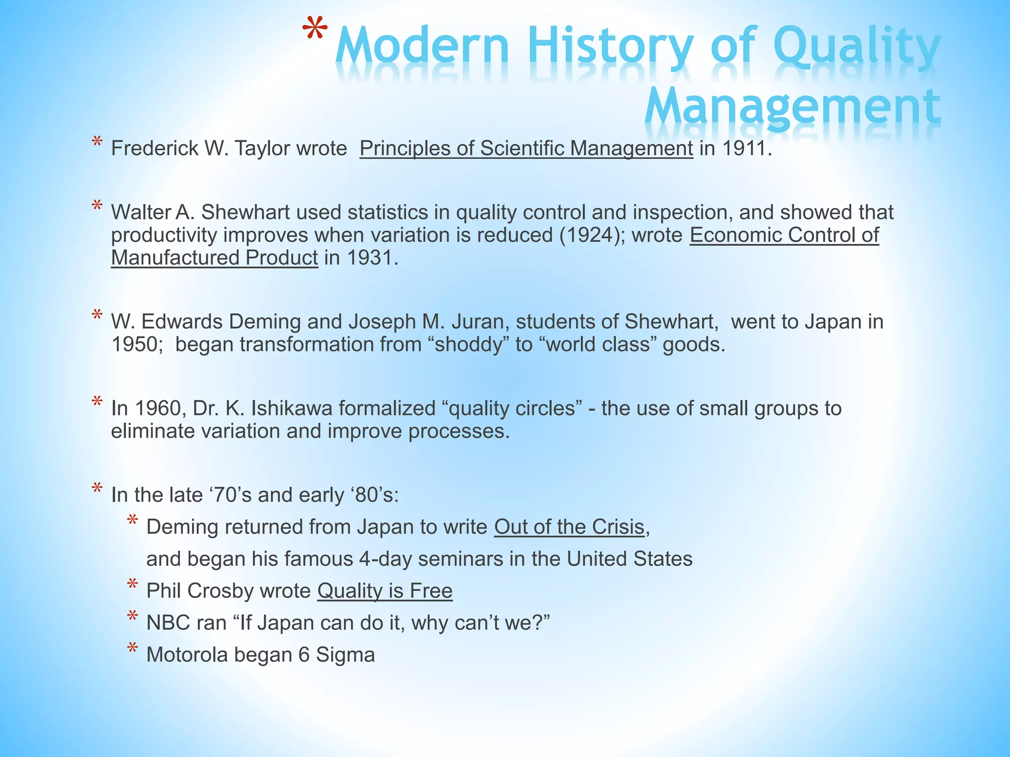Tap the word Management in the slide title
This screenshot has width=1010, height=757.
tap(792, 106)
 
